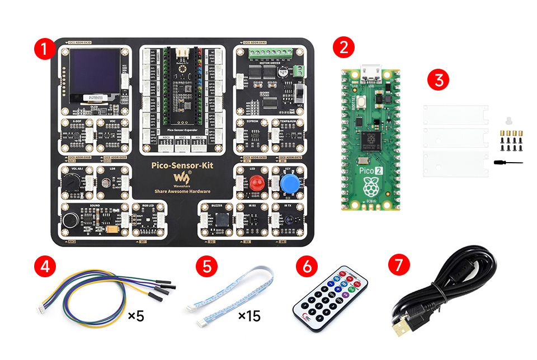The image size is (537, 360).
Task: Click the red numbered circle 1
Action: tap(44, 48)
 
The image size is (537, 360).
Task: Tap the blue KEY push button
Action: tap(289, 183)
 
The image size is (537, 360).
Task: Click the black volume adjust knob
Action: tap(70, 182)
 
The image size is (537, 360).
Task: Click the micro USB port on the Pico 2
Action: tap(370, 73)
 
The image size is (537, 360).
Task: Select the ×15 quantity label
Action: tap(249, 316)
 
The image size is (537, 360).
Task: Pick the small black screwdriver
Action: tap(507, 163)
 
